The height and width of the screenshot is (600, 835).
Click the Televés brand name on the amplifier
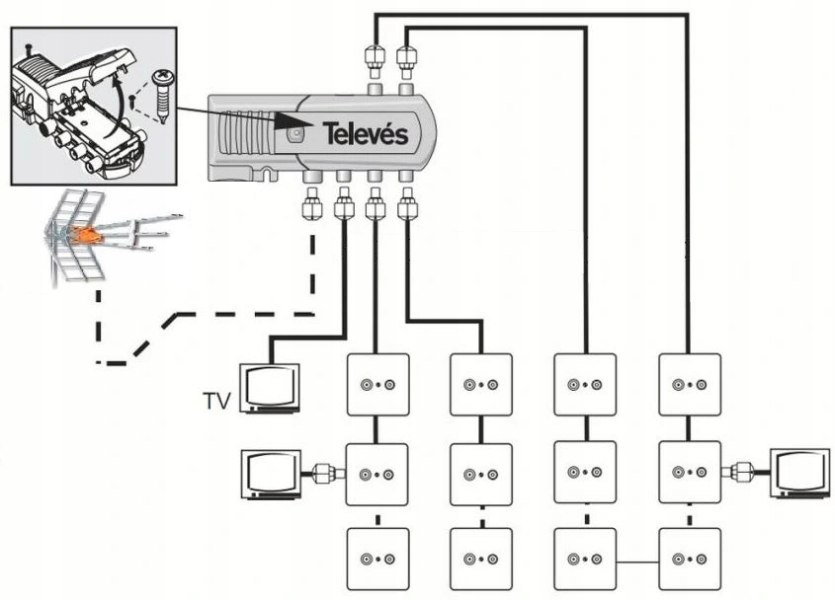coord(363,135)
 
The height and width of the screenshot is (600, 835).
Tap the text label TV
coord(217,401)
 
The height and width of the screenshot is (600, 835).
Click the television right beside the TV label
coord(271,386)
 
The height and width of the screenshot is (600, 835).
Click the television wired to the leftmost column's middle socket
coord(271,475)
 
